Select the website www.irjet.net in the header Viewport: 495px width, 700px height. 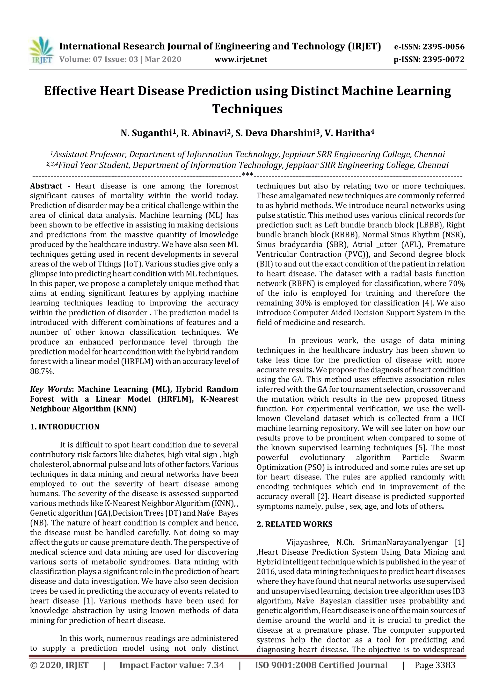[x=241, y=59]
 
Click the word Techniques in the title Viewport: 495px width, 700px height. [x=247, y=109]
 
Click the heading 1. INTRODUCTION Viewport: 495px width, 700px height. [x=65, y=427]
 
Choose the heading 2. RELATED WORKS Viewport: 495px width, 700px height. [x=294, y=524]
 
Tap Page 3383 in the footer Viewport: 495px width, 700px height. [x=435, y=665]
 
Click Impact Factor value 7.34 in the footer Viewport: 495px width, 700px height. [x=172, y=665]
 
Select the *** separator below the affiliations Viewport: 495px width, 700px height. [x=247, y=175]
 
